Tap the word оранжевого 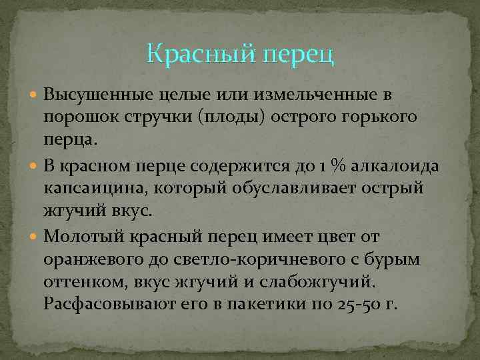(89, 259)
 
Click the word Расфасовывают (103, 305)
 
